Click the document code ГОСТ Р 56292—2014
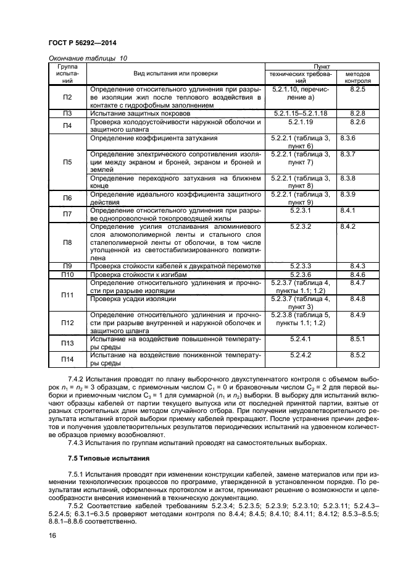point(83,43)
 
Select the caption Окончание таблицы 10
point(88,58)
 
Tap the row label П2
point(67,98)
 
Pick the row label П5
point(67,162)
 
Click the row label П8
point(67,242)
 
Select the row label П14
point(67,360)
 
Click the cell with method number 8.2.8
point(357,114)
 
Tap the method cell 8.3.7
point(349,154)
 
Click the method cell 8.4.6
point(357,274)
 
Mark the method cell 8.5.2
point(357,355)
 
